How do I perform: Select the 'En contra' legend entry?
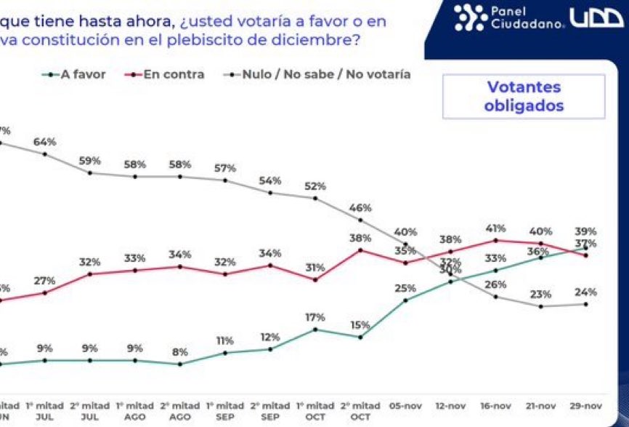(x=173, y=74)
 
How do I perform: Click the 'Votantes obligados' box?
(x=524, y=97)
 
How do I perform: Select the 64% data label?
(x=45, y=142)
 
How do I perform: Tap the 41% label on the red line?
(x=495, y=228)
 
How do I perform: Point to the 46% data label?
(x=360, y=207)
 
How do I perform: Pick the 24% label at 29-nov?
(x=585, y=292)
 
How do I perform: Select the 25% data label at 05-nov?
(x=405, y=288)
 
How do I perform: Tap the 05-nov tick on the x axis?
(x=405, y=405)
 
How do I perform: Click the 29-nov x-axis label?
(x=585, y=405)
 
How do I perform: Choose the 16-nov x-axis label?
(x=495, y=405)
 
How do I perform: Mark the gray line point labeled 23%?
(x=540, y=306)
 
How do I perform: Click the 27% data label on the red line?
(x=45, y=281)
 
